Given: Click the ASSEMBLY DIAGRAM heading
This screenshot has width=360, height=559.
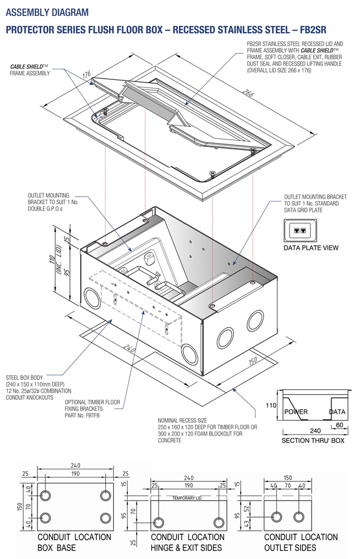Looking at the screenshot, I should pyautogui.click(x=47, y=12).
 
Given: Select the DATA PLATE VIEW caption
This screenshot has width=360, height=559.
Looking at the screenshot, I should pyautogui.click(x=310, y=248).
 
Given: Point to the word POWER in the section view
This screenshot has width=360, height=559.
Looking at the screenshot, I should pyautogui.click(x=296, y=412).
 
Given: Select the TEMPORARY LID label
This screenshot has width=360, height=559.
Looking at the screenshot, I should pyautogui.click(x=188, y=498).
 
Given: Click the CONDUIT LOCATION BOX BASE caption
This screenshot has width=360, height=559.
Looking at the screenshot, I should pyautogui.click(x=74, y=542).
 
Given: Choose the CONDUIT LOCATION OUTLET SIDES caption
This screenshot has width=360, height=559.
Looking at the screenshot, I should pyautogui.click(x=301, y=542).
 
